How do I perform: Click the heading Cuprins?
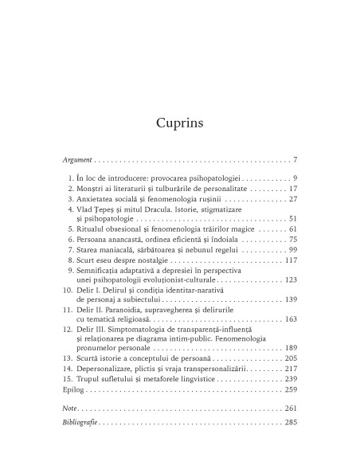click(x=180, y=123)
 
